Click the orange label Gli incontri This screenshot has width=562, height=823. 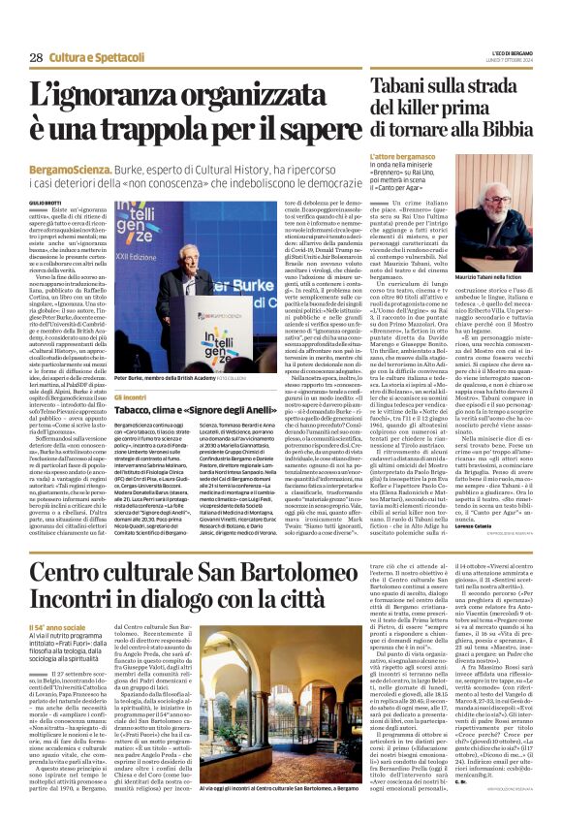click(129, 396)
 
